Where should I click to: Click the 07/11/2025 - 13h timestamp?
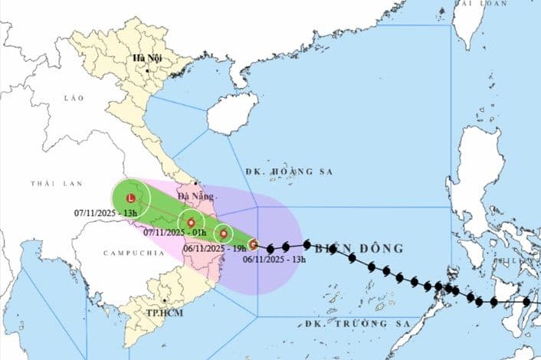(106, 211)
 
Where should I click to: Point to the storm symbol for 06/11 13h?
(254, 245)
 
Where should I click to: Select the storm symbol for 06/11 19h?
(223, 234)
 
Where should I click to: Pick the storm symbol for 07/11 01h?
(191, 223)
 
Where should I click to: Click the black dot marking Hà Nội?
(146, 70)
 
